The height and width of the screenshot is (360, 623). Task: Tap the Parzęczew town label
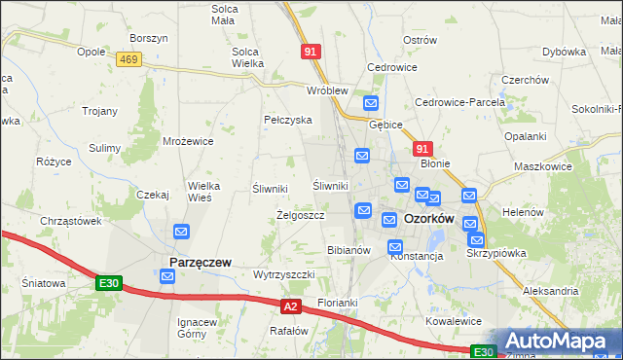(x=200, y=262)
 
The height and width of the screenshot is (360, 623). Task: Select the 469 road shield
(x=128, y=59)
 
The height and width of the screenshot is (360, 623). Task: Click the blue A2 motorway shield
(x=290, y=306)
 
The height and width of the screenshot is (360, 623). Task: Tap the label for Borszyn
(x=149, y=38)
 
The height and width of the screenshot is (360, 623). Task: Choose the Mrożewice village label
(x=188, y=141)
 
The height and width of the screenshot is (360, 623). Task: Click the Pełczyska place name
(x=287, y=120)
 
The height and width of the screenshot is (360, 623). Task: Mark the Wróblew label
(x=327, y=90)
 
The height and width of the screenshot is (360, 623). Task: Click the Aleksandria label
(x=550, y=291)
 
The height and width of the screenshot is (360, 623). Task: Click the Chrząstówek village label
(x=71, y=221)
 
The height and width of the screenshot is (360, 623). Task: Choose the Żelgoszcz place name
(x=301, y=214)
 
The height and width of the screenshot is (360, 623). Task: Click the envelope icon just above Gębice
(x=370, y=103)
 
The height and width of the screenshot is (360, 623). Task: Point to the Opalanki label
(x=526, y=137)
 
